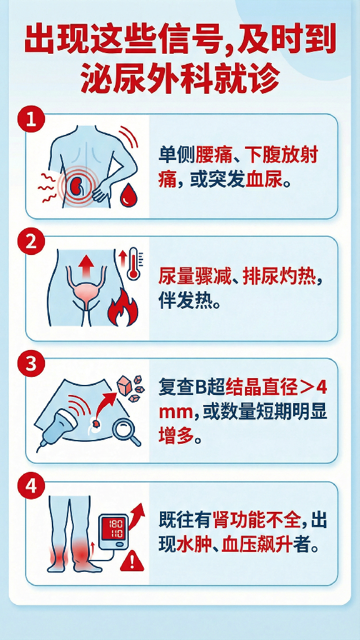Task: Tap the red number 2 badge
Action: coord(31,242)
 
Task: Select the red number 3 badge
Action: coord(31,364)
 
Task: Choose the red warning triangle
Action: coord(132,560)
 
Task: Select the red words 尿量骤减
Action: coord(193,278)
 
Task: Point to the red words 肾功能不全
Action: coord(256,522)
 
